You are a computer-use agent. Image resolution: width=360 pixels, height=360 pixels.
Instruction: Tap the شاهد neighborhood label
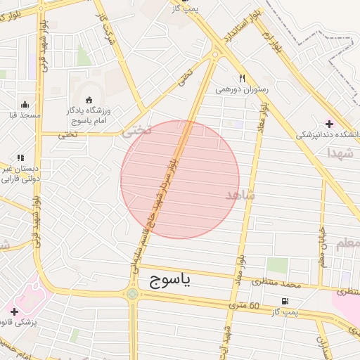coord(241,194)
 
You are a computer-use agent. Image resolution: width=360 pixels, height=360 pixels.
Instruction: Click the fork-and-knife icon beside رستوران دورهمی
coord(242,79)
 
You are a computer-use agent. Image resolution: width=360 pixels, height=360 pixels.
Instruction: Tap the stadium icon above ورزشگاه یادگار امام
coord(89,99)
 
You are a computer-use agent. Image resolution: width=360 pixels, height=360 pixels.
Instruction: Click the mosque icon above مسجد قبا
coord(25,103)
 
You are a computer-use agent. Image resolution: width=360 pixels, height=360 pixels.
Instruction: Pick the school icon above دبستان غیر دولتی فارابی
coord(20,158)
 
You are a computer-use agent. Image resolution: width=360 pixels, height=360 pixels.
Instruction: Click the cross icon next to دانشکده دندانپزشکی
coord(330,124)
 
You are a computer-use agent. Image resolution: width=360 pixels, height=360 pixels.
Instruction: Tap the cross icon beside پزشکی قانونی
coord(14,311)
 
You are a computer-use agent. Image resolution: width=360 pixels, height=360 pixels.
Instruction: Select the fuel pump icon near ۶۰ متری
coord(284,302)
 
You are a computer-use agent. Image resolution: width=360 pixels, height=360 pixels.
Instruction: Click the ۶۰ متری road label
coord(245,306)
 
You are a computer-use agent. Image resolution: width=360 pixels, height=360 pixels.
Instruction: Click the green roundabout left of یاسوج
coord(132,292)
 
